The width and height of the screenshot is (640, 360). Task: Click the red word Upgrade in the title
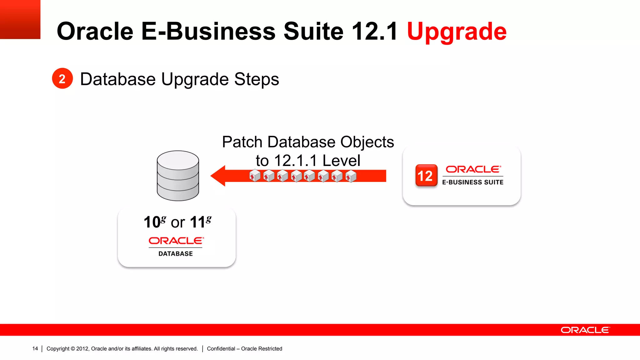(457, 32)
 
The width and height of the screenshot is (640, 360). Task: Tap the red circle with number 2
(62, 78)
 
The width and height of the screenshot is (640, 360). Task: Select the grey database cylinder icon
(178, 175)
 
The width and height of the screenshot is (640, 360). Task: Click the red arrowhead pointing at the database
(218, 176)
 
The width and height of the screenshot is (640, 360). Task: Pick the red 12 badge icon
(426, 175)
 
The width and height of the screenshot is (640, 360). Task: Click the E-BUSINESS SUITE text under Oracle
(472, 182)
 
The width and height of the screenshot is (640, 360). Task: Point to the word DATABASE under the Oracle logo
(176, 254)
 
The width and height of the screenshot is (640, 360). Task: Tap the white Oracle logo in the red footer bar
(585, 330)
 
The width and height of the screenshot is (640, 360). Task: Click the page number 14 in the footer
(35, 348)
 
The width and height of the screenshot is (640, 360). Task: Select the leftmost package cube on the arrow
(255, 176)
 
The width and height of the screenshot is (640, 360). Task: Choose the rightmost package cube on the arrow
(351, 176)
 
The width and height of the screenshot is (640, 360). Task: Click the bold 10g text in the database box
(155, 222)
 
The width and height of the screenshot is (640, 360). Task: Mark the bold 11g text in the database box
(200, 222)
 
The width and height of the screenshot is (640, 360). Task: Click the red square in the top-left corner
(20, 19)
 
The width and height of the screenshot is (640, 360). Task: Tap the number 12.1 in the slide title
(374, 31)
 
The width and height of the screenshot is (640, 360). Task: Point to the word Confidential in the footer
(221, 348)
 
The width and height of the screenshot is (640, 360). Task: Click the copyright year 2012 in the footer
(82, 348)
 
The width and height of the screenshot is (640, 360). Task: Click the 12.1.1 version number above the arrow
(296, 161)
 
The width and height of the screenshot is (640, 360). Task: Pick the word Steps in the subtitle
(256, 79)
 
